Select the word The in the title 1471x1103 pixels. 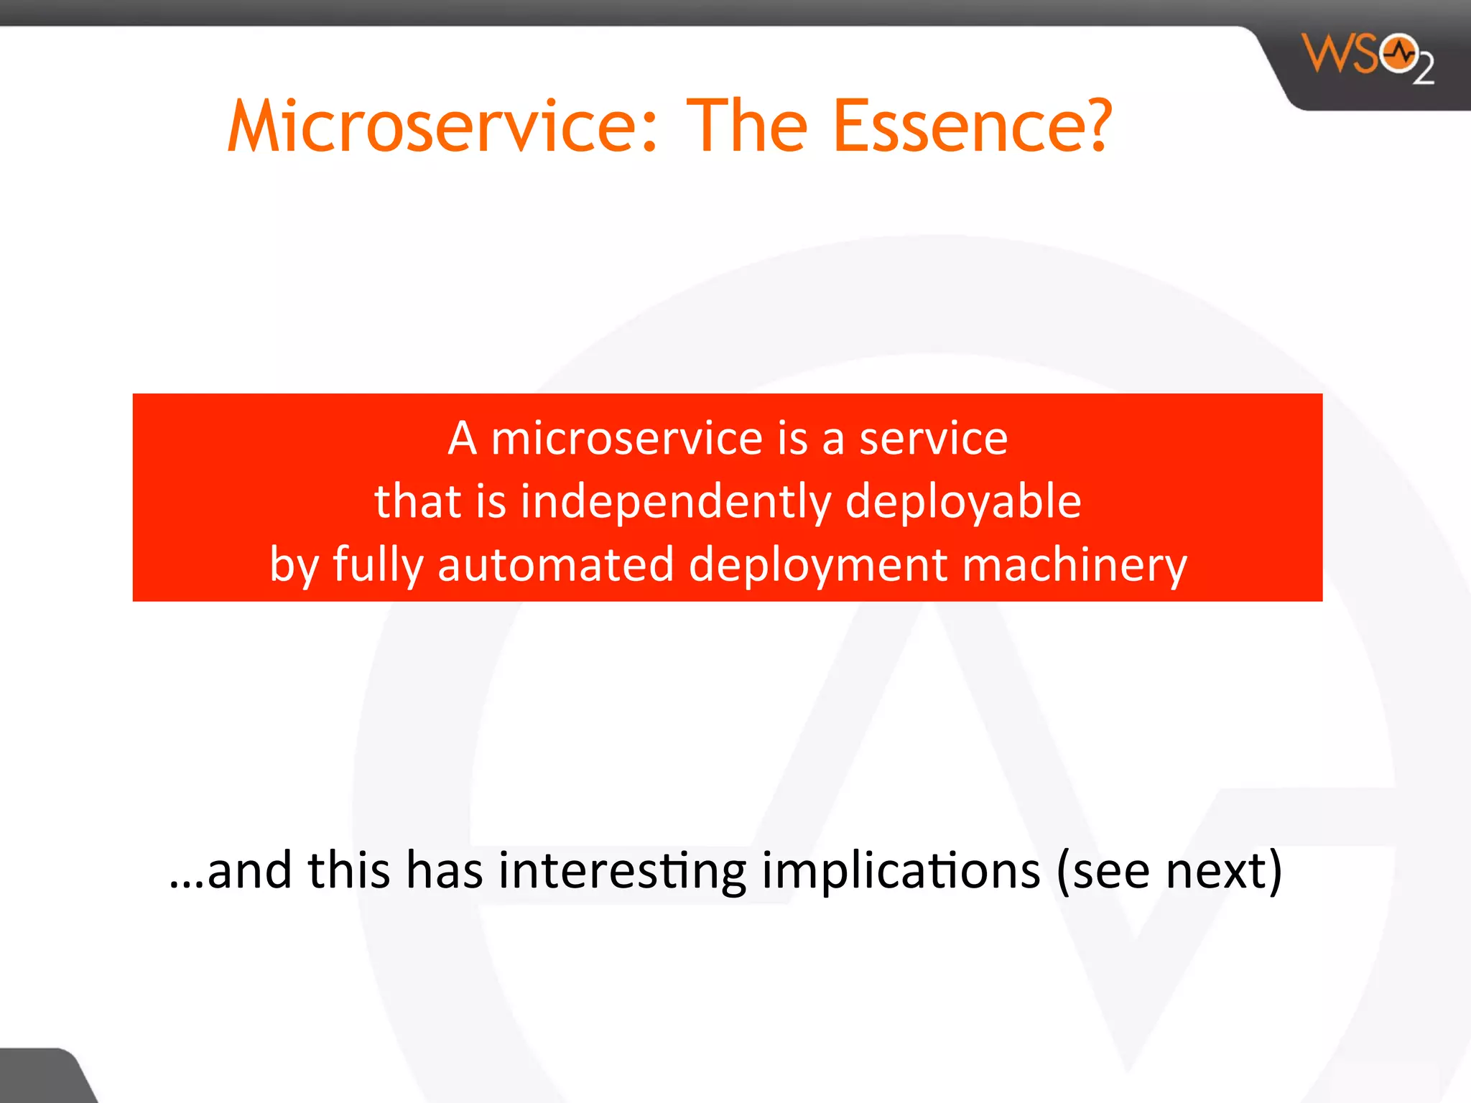point(747,126)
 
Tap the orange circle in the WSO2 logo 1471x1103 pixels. point(1398,54)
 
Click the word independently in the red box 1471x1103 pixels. point(675,501)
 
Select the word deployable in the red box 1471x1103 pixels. point(962,501)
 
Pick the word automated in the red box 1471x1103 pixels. point(556,564)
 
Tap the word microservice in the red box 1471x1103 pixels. point(626,439)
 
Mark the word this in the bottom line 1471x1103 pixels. point(349,870)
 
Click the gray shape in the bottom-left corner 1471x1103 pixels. point(40,1077)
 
